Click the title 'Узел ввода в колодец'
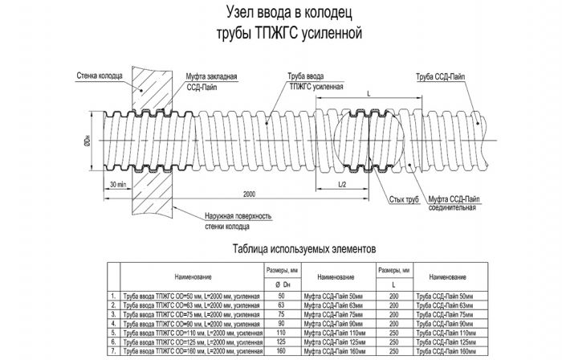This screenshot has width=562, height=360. (x=280, y=14)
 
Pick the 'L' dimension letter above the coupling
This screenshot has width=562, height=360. (x=368, y=94)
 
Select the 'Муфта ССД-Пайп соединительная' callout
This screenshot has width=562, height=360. (x=454, y=202)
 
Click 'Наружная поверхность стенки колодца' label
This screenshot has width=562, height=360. (x=228, y=220)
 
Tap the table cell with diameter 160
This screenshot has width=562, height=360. (x=280, y=351)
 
